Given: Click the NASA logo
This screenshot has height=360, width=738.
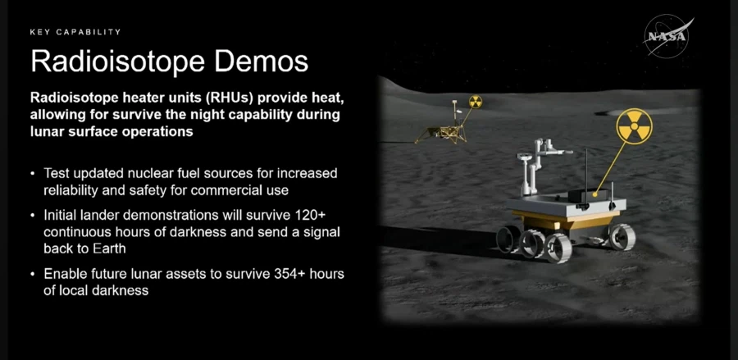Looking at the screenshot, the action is (x=667, y=36).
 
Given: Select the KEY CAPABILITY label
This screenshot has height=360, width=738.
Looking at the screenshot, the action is (x=75, y=32).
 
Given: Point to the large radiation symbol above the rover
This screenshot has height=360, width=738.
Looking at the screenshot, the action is (x=634, y=126).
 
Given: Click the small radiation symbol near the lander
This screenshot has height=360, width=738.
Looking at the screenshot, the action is (x=476, y=102).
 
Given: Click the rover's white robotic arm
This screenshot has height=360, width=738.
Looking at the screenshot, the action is (x=541, y=165).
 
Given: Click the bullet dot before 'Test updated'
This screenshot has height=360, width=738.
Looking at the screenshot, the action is (x=33, y=174).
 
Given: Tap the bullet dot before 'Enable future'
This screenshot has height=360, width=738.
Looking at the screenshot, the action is (x=33, y=274).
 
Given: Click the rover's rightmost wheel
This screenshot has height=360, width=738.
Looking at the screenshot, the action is (x=622, y=236).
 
